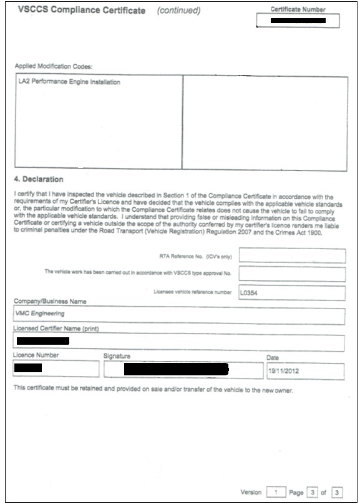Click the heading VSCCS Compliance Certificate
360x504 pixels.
tap(82, 11)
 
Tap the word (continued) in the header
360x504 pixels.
tap(178, 11)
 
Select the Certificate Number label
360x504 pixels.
tap(298, 9)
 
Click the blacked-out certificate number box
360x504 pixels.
tap(298, 21)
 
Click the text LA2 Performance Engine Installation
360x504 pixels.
tap(69, 82)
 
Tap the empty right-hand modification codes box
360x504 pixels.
tap(265, 122)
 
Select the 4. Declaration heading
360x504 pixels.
tap(39, 180)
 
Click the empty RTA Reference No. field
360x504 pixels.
tap(292, 255)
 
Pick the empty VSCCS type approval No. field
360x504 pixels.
tap(292, 274)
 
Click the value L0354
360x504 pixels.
tap(249, 293)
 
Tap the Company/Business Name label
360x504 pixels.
tap(50, 302)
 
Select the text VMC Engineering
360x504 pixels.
tap(40, 314)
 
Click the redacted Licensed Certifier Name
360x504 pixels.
tap(42, 342)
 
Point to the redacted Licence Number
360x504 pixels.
tap(27, 368)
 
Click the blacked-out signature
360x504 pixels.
tap(176, 369)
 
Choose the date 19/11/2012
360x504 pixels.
tap(283, 371)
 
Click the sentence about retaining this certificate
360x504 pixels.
tap(153, 390)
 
